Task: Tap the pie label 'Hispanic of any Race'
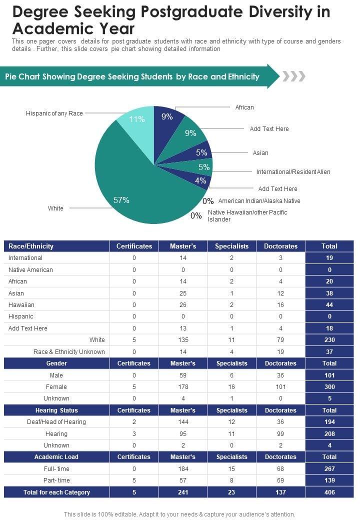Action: coord(54,113)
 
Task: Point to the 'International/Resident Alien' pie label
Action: coord(293,171)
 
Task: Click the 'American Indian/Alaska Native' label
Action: coord(259,201)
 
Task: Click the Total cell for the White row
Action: coord(329,340)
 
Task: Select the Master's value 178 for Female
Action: coord(183,387)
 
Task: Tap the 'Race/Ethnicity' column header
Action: coord(31,246)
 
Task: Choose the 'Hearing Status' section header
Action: coord(56,410)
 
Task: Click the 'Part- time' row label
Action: coord(56,480)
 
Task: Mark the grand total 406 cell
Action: coord(329,492)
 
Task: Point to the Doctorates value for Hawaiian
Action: coord(280,305)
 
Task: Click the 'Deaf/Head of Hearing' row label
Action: coord(56,422)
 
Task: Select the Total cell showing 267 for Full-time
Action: coord(329,469)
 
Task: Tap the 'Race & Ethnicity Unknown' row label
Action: coord(69,351)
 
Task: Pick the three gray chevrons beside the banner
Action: coord(293,76)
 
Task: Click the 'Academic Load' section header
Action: coord(56,457)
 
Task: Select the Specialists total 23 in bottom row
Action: coord(231,492)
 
